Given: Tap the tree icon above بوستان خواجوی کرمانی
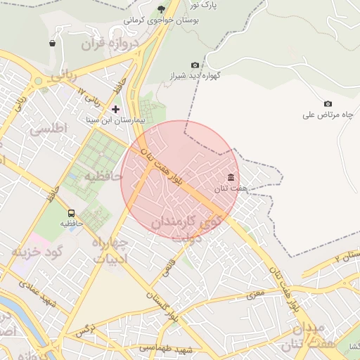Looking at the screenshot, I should [x=161, y=9].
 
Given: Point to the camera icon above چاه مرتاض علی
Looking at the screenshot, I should [x=328, y=104].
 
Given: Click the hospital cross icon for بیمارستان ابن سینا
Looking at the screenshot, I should [x=116, y=109].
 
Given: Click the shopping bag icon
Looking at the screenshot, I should [x=53, y=44].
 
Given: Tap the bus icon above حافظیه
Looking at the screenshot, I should [x=70, y=213].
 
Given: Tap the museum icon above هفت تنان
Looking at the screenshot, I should [x=231, y=177].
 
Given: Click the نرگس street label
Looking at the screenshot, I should [x=84, y=329].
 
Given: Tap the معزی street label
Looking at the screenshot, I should [x=257, y=292].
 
